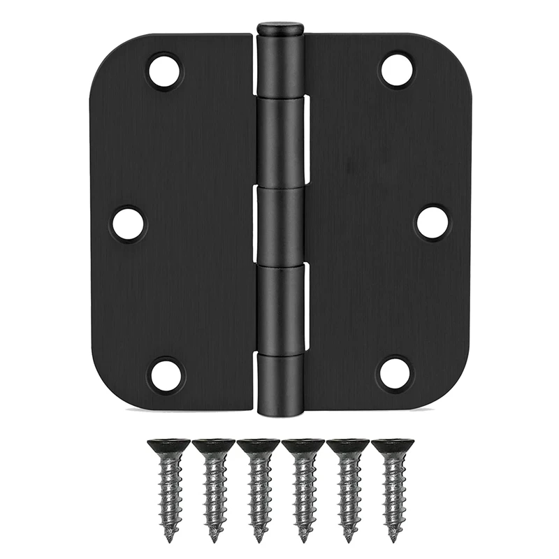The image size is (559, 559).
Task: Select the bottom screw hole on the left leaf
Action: pos(166,375)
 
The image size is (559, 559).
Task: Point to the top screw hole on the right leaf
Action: pos(397,70)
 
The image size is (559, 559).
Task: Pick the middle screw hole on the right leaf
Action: pos(432,222)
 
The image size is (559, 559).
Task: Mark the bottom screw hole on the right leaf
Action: pos(395,373)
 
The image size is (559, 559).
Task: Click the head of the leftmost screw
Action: pos(168,445)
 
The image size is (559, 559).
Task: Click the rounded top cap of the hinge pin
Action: pos(279,29)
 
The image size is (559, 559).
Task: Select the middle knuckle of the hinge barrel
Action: pos(279,224)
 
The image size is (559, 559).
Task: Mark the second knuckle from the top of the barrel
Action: pos(279,143)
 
